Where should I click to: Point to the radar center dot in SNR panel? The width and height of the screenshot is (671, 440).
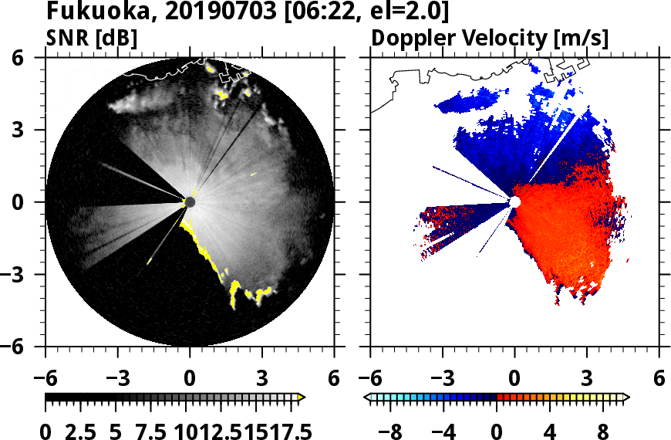190,202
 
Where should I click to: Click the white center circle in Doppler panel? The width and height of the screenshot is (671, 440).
514,201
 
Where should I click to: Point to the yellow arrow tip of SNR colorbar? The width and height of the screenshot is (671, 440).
302,398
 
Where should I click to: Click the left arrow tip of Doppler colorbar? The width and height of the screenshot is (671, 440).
367,398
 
